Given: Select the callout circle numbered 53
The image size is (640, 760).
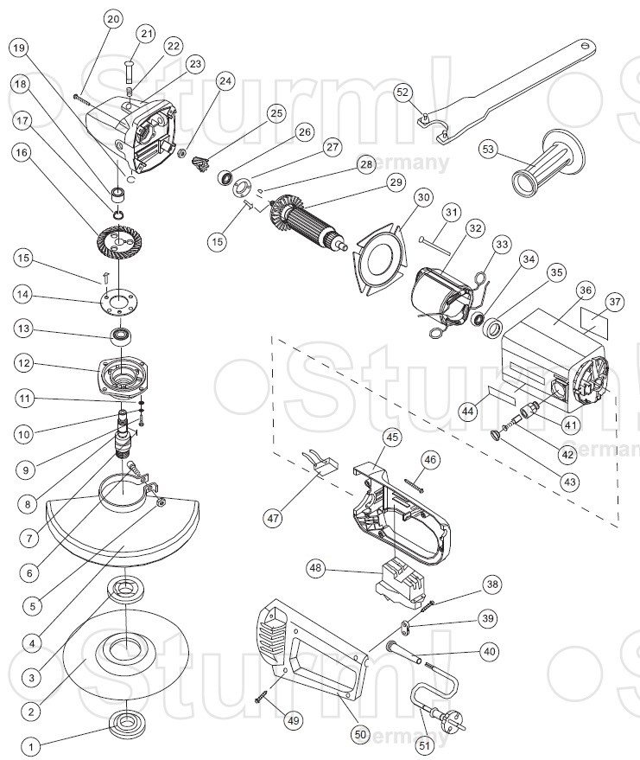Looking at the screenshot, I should (489, 150).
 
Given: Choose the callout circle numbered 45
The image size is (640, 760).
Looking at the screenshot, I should (392, 437).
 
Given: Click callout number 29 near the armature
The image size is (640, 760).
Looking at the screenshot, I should (396, 182).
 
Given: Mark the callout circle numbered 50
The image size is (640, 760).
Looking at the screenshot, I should (361, 734).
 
